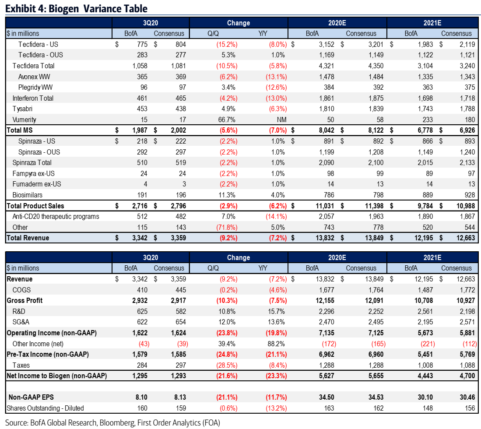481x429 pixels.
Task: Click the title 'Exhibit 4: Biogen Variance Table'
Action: click(76, 8)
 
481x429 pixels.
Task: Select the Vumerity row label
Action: click(25, 120)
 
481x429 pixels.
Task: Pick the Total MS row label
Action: click(20, 130)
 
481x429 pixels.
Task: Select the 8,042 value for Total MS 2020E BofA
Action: click(325, 130)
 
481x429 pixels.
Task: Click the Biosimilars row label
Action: click(28, 195)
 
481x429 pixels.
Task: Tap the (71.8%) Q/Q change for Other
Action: click(226, 227)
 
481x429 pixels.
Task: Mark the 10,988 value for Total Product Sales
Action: click(461, 206)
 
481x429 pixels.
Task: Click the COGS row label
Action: click(21, 289)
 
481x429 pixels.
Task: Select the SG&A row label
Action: click(21, 322)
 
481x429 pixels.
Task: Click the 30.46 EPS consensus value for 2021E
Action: click(463, 397)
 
